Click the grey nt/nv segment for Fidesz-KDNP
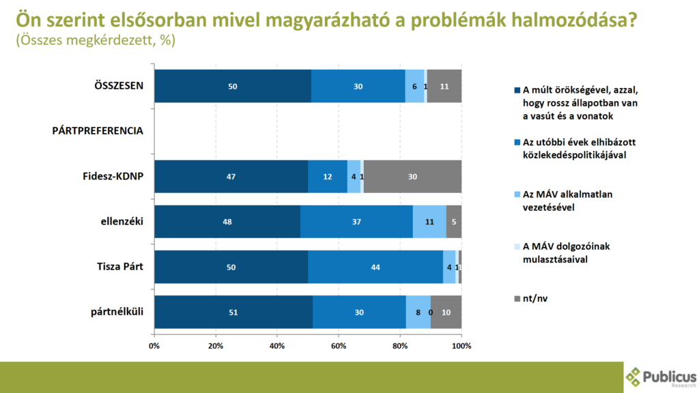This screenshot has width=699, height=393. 412,177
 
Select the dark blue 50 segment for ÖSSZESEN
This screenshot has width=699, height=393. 233,86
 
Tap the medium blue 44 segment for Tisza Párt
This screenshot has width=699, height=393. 375,267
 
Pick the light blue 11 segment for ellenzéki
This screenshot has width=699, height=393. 429,222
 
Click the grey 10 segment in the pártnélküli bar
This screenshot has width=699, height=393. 446,312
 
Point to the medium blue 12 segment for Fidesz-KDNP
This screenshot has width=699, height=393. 328,177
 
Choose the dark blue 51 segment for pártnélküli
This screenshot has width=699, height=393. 233,312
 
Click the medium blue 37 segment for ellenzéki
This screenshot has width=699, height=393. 356,222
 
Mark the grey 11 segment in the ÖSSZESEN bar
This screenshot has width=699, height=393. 444,86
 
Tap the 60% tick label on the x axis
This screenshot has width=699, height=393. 339,346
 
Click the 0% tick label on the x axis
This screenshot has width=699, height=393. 154,346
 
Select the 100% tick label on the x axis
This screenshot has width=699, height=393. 461,346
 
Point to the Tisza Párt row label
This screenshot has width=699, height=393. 120,267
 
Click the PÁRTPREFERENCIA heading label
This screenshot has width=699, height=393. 98,131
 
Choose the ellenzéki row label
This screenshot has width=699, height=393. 122,222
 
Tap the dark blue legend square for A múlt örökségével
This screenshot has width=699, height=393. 517,90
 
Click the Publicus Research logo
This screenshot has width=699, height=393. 661,377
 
